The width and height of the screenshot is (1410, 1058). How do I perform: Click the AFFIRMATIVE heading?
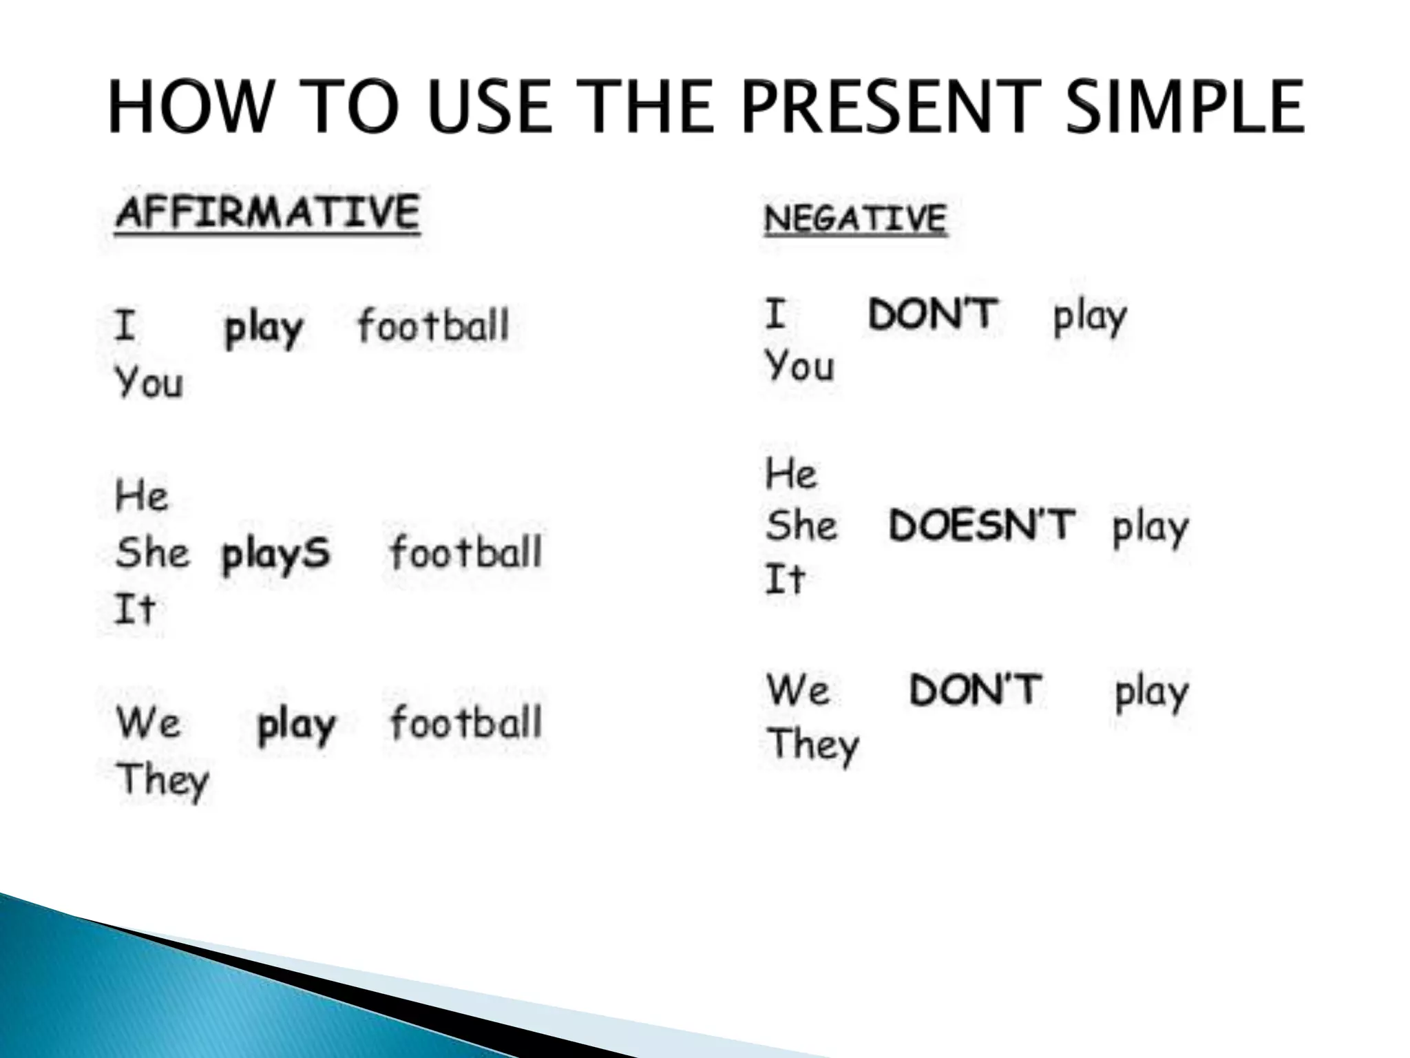coord(267,211)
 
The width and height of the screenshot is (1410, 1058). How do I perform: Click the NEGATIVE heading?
coord(855,218)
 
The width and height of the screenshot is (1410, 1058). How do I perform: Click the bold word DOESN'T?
coord(981,525)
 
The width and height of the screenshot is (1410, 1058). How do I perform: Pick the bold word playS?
coord(275,554)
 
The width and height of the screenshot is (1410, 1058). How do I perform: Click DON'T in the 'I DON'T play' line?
coord(932,314)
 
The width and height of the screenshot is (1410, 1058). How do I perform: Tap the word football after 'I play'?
coord(433,326)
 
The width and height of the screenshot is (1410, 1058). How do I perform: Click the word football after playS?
coord(465,552)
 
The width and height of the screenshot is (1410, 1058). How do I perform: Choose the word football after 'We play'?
coord(465,723)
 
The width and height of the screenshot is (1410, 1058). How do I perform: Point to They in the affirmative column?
coord(162,780)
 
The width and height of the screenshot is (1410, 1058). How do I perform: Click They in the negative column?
coord(813,745)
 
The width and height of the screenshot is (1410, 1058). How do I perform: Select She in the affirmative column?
coord(152,552)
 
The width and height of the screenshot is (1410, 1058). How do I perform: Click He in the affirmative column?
coord(141,495)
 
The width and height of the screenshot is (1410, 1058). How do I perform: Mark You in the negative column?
coord(799,365)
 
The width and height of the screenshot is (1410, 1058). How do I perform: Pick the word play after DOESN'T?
coord(1150,528)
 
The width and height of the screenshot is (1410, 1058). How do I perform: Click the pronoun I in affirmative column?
coord(125,325)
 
